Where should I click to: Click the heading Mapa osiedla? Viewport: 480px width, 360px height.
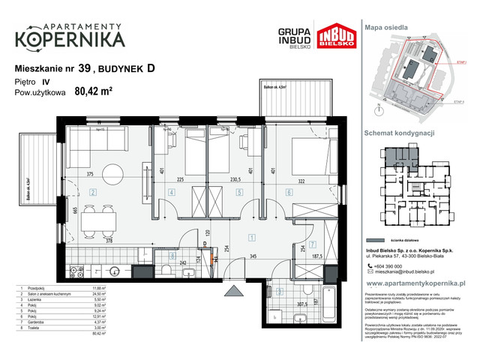point(386,27)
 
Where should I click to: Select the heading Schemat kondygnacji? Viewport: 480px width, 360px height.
point(400,132)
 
